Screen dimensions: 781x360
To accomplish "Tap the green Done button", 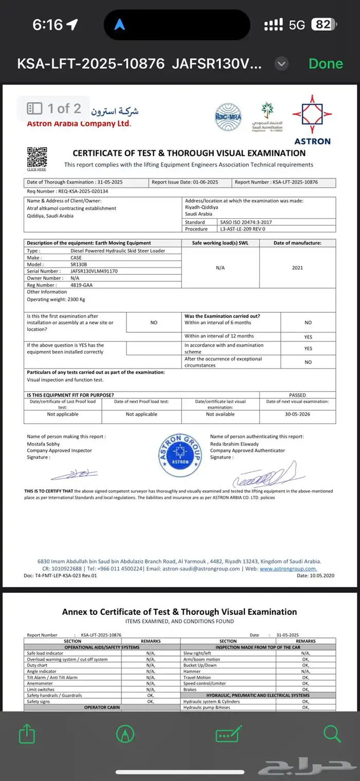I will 326,64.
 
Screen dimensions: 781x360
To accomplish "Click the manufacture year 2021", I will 297,268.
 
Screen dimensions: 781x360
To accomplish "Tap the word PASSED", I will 297,395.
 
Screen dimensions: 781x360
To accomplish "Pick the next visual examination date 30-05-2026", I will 297,414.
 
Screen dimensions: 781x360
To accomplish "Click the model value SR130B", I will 79,264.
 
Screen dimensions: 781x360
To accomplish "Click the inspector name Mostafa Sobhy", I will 43,443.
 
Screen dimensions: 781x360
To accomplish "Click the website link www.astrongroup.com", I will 288,569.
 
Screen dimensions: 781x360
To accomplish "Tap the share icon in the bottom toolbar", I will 27,734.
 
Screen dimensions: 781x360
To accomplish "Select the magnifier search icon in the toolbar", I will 332,734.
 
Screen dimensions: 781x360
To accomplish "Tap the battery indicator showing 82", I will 323,25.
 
